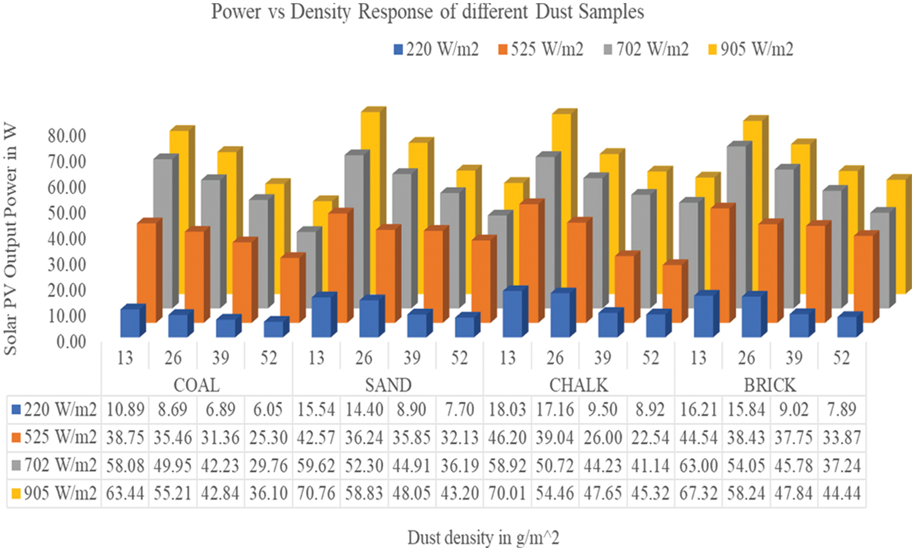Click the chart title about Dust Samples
tap(428, 12)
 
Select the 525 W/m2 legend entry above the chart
tap(540, 49)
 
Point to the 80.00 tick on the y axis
tap(67, 135)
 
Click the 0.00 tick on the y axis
tap(71, 342)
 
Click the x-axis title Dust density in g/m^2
tap(483, 538)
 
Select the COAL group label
tap(196, 385)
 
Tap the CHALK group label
tap(578, 385)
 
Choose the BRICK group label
tap(770, 385)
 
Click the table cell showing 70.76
tap(316, 492)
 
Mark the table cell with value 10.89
tap(125, 409)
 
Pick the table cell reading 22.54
tap(650, 437)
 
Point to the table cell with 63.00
tap(698, 465)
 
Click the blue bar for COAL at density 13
tap(130, 323)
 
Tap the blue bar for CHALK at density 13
tap(512, 313)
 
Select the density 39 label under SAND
tap(412, 358)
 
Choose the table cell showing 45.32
tap(650, 492)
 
